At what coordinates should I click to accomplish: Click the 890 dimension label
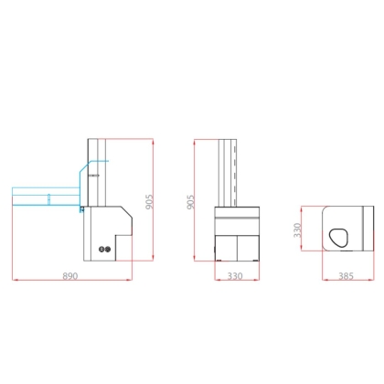click(x=70, y=276)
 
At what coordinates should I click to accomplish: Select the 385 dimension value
click(x=346, y=276)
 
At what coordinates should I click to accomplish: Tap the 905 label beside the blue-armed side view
click(x=149, y=202)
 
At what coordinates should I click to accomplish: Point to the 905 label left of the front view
click(x=190, y=202)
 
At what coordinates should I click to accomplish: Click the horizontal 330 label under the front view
click(x=235, y=276)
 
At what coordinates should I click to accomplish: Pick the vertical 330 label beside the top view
click(x=297, y=230)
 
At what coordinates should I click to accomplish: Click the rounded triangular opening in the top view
click(x=338, y=238)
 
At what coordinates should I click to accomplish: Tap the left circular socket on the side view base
click(x=101, y=250)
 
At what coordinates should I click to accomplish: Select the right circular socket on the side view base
click(x=107, y=250)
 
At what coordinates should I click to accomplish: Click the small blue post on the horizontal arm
click(x=48, y=199)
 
